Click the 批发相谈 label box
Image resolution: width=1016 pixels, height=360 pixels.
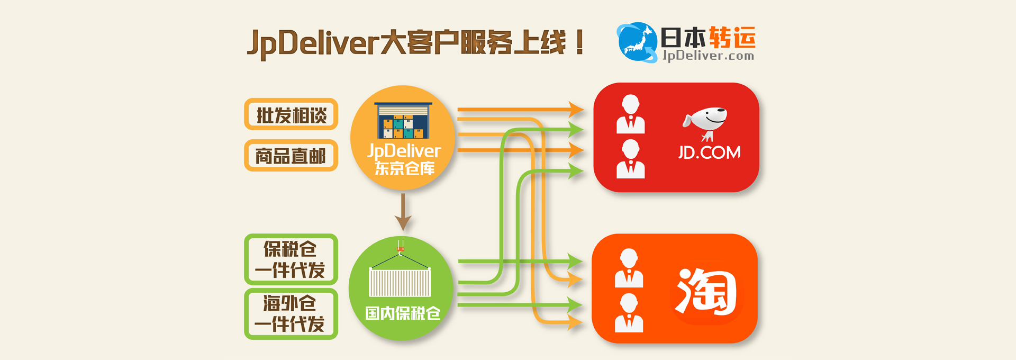pyautogui.click(x=291, y=114)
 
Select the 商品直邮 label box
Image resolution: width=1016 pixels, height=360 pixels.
pyautogui.click(x=291, y=156)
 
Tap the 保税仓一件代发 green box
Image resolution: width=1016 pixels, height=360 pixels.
pyautogui.click(x=291, y=259)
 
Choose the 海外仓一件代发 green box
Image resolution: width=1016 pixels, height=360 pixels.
pyautogui.click(x=291, y=313)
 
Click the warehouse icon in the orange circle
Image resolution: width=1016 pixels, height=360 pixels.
pyautogui.click(x=403, y=121)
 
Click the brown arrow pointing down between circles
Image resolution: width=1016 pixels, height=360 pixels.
pyautogui.click(x=403, y=212)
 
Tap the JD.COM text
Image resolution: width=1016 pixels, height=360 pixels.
pyautogui.click(x=709, y=153)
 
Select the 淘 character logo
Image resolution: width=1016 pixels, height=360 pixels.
pyautogui.click(x=707, y=291)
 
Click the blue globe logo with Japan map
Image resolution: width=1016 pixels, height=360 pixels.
pyautogui.click(x=637, y=42)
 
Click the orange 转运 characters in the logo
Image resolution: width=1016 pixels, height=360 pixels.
pyautogui.click(x=732, y=37)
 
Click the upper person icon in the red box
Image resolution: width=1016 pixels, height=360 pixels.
pyautogui.click(x=630, y=114)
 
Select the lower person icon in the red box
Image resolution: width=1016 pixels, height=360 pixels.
pyautogui.click(x=630, y=159)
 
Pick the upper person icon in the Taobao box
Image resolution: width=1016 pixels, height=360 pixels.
pyautogui.click(x=629, y=268)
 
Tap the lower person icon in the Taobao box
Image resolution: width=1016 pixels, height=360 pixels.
pyautogui.click(x=629, y=313)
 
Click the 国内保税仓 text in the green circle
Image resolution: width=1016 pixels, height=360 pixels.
pyautogui.click(x=403, y=313)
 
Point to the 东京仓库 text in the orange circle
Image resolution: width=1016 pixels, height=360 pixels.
pyautogui.click(x=405, y=168)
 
